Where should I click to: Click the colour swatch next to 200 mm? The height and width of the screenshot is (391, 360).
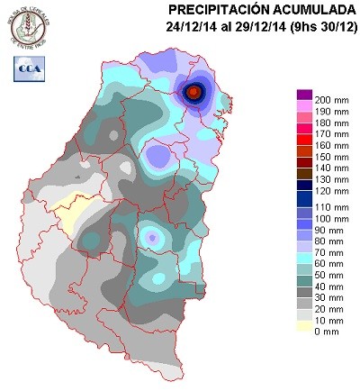304,95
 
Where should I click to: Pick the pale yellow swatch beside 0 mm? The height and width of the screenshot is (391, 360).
304,331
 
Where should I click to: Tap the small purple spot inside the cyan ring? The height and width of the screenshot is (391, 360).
154,238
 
